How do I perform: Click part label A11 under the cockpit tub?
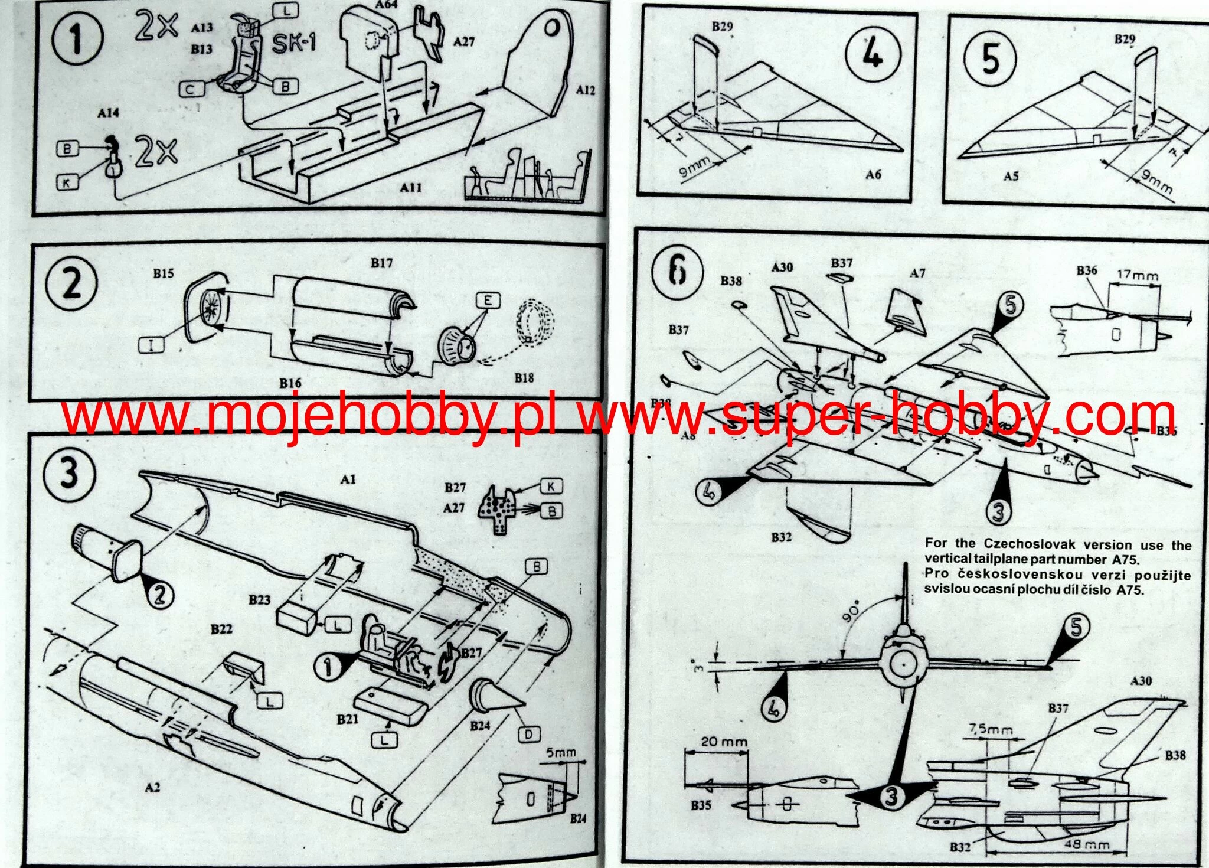411,187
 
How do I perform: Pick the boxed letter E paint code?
487,301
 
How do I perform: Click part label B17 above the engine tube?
381,263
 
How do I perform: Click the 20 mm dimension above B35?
717,741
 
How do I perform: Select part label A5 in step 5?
1011,176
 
